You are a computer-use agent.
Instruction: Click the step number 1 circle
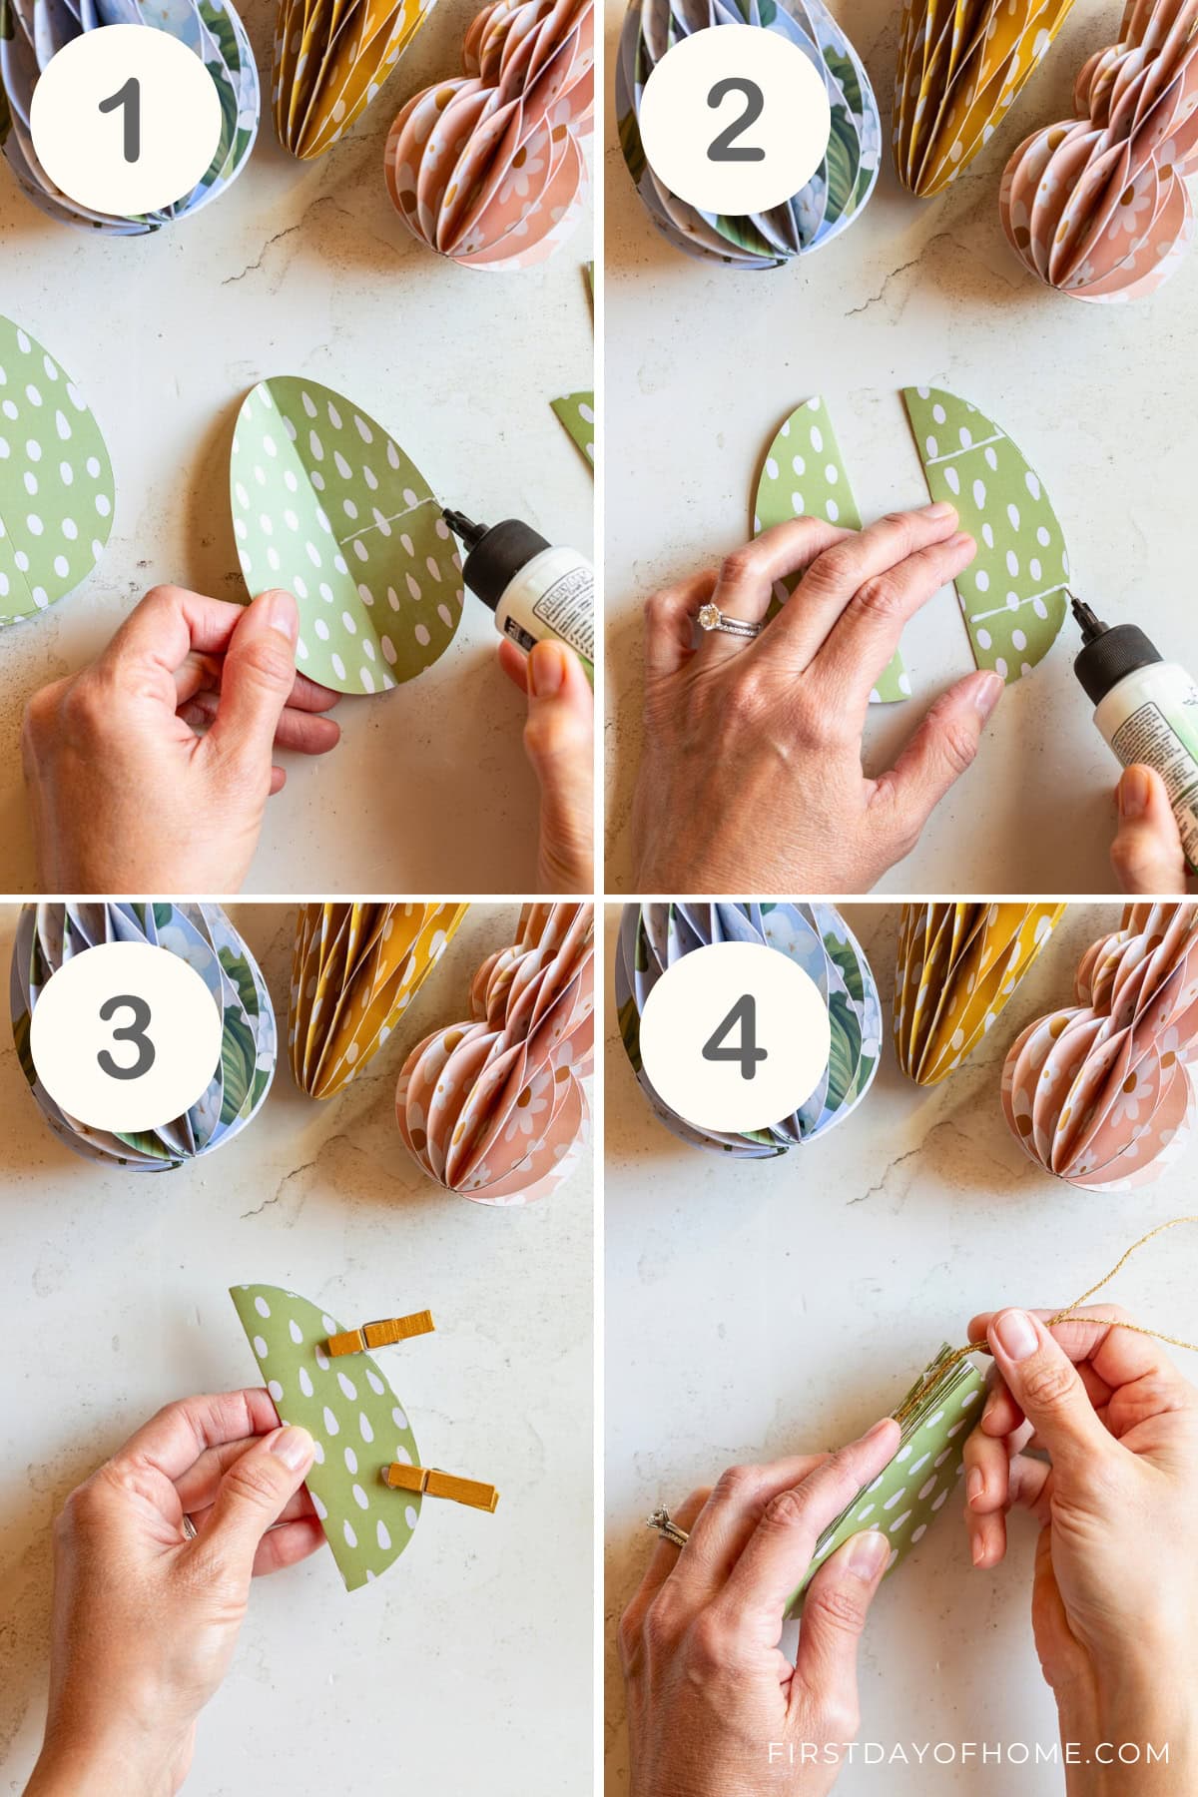[x=124, y=125]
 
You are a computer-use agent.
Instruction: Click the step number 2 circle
[x=735, y=125]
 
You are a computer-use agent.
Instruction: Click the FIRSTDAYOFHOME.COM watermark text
[x=967, y=1752]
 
